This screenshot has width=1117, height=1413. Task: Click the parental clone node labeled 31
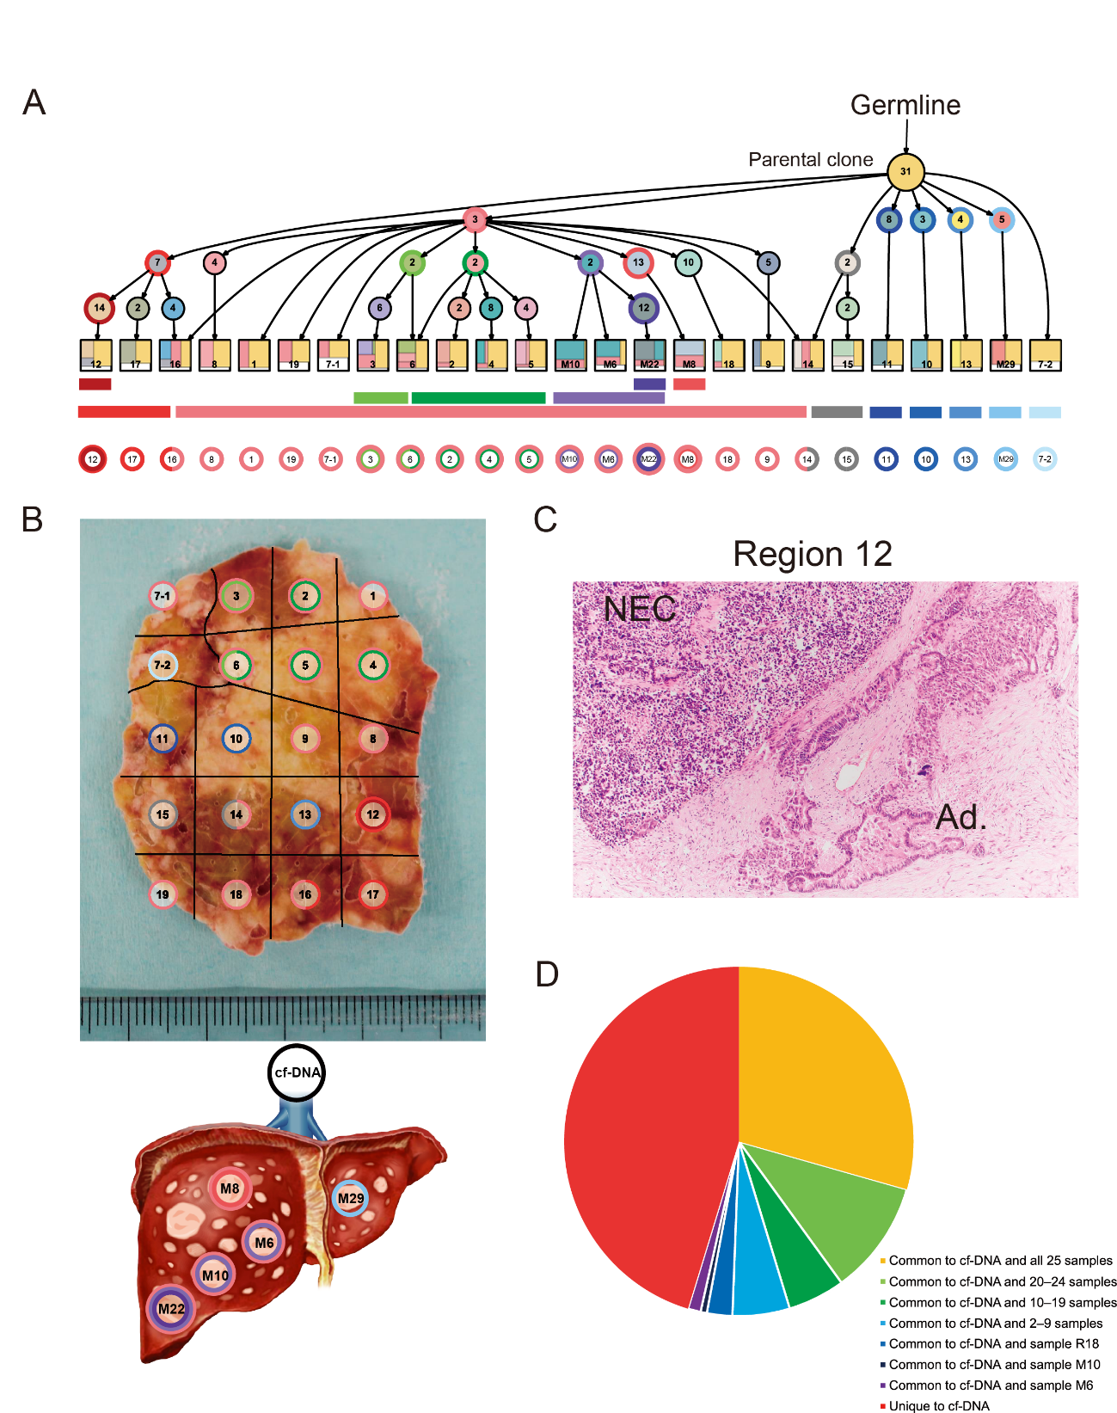pos(905,171)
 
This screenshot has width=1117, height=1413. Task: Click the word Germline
pos(905,105)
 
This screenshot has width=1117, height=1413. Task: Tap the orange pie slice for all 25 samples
pos(825,1075)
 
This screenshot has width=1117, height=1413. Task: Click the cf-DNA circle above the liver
pos(297,1072)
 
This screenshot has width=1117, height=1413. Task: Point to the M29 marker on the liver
pos(351,1198)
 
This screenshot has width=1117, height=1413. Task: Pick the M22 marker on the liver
pos(171,1309)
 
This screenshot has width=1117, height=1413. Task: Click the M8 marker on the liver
pos(230,1189)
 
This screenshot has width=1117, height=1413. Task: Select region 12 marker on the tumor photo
pos(372,814)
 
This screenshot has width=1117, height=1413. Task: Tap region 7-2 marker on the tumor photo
pos(163,665)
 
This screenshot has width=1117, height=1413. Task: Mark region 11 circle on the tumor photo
pos(163,739)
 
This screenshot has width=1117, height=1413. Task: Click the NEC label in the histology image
pos(640,609)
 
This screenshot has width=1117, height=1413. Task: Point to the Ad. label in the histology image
pos(960,817)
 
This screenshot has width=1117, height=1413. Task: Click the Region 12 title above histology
pos(813,555)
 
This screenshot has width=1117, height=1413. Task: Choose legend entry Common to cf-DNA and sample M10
pos(994,1365)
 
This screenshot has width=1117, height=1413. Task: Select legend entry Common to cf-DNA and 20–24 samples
pos(1002,1281)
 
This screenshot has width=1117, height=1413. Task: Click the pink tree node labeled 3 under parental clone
pos(475,219)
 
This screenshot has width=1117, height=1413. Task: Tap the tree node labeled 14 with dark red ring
pos(100,308)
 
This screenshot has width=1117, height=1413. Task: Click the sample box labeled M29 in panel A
pos(1005,355)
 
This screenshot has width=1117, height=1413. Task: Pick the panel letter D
pos(547,974)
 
